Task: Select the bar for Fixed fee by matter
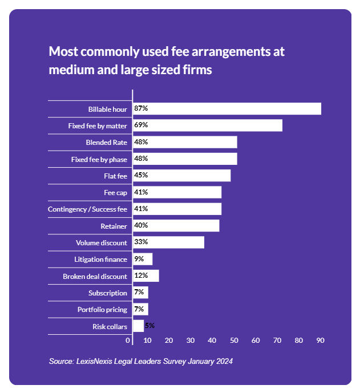(208, 125)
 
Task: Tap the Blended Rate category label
(106, 142)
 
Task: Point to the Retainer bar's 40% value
(141, 226)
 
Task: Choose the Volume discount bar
(168, 242)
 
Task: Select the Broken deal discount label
(95, 276)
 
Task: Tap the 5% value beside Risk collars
(149, 326)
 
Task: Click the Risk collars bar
(139, 326)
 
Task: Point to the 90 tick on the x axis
(321, 341)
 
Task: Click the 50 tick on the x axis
(234, 341)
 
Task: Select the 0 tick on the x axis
(128, 341)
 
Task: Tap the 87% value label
(141, 108)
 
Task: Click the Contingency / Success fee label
(87, 209)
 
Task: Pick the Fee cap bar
(177, 192)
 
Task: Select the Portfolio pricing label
(102, 310)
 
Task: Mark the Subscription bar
(140, 293)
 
